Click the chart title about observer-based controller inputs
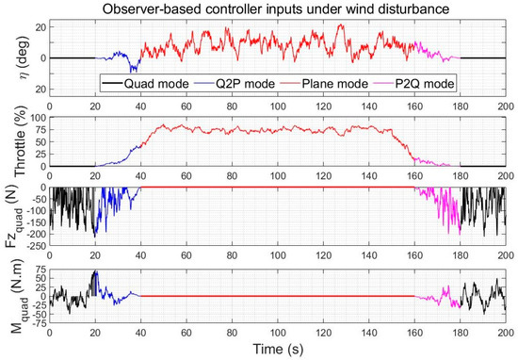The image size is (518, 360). point(276,8)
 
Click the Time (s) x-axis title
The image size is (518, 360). point(277,351)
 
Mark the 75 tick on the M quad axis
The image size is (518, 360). point(37,270)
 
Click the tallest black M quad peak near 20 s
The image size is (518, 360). point(94,272)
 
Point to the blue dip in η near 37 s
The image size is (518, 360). point(132,70)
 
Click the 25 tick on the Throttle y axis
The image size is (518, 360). point(37,155)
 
